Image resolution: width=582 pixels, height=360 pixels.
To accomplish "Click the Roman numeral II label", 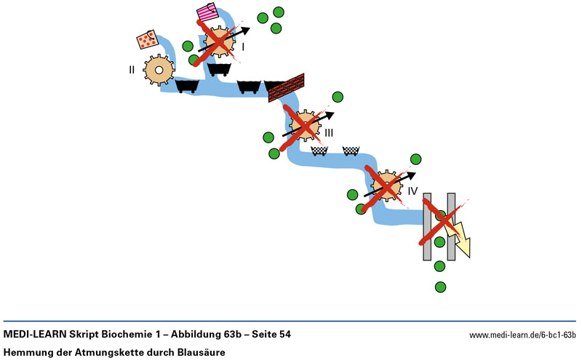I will point(132,70).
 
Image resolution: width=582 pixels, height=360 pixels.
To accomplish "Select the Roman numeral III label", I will point(329,133).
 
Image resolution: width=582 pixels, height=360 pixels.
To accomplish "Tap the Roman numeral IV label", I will point(412,191).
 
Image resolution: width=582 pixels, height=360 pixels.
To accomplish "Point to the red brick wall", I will point(285,87).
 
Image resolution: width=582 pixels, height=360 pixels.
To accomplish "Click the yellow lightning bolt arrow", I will point(458,236).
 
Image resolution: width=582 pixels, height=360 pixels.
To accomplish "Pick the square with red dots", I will point(148,40).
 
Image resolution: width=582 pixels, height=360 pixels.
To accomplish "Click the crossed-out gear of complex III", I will point(305,125).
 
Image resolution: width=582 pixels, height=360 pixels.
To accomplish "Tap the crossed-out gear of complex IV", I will point(385,186).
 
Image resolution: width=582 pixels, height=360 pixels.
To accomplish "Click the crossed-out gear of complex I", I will point(218,41).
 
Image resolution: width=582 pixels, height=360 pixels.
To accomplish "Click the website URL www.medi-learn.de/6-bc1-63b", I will point(522,335).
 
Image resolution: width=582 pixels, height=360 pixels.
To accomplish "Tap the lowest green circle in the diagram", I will point(439,287).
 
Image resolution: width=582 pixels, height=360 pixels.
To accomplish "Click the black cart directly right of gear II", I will point(188,87).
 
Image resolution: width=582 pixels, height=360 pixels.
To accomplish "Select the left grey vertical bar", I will point(428,226).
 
